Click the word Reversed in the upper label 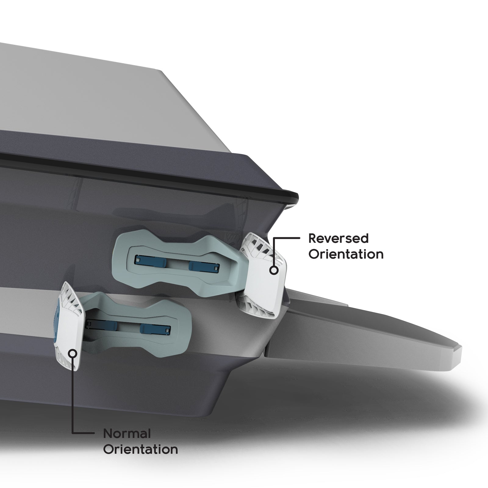[338, 239]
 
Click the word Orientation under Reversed [346, 254]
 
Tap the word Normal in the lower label [127, 434]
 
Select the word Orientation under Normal [140, 450]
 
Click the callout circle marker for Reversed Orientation [274, 270]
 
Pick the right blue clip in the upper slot [203, 266]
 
